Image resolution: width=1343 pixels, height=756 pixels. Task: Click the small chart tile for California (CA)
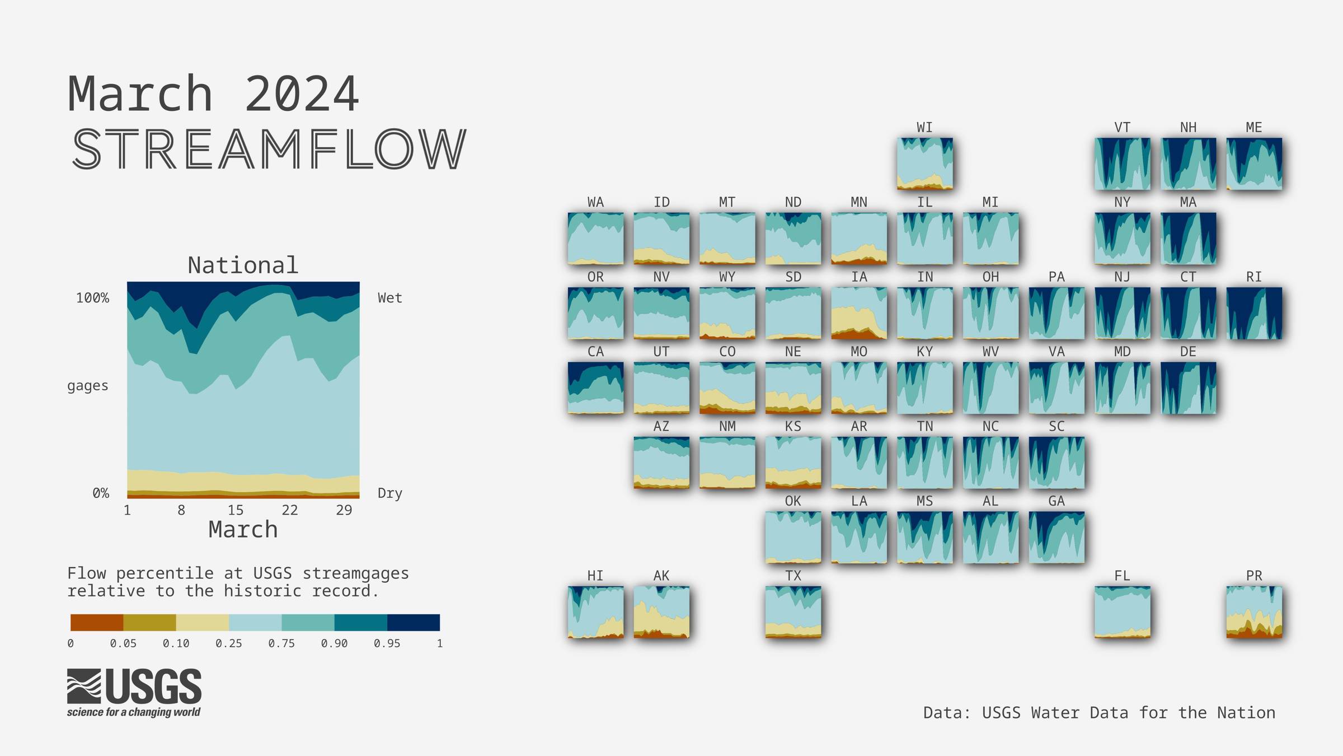(x=595, y=388)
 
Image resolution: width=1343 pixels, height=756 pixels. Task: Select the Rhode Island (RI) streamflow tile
(x=1254, y=313)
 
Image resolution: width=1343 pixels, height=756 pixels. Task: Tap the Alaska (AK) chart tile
(x=661, y=612)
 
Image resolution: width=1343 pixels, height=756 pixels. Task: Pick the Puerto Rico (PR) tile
(x=1254, y=612)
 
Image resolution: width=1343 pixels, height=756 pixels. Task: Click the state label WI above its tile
(x=924, y=128)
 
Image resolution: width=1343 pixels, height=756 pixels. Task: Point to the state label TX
(x=793, y=576)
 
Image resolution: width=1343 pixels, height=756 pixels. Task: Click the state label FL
(x=1122, y=576)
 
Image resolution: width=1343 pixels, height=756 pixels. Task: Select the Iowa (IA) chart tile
(x=859, y=313)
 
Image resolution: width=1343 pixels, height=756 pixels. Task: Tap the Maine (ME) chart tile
(x=1254, y=164)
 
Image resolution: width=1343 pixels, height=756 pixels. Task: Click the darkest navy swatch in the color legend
(x=414, y=623)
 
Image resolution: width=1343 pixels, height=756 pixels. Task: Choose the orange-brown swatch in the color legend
(x=97, y=623)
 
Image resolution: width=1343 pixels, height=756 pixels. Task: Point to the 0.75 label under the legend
(x=281, y=643)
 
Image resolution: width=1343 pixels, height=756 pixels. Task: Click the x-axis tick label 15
(x=235, y=510)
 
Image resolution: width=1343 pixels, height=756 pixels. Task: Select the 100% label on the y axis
(x=93, y=298)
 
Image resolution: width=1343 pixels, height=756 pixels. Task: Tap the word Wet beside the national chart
(x=389, y=298)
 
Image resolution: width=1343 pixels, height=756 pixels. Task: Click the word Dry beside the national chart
(x=389, y=493)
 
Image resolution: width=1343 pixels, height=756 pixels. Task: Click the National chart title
(x=243, y=265)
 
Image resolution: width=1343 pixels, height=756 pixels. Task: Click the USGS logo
(x=134, y=693)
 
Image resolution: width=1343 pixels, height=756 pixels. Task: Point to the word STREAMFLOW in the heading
(x=269, y=149)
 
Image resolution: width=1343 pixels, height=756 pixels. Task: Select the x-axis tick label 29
(x=344, y=510)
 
